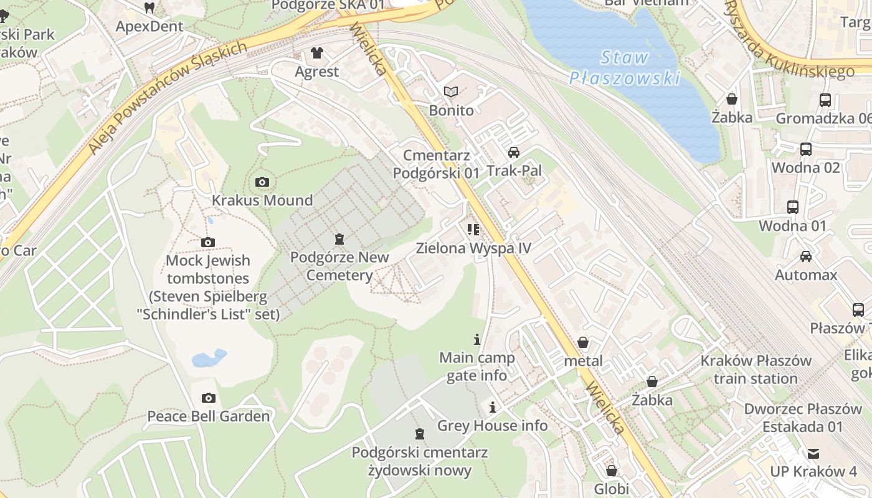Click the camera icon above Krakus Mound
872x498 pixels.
point(262,182)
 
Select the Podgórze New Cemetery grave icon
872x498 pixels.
point(339,238)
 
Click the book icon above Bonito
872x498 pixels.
point(451,92)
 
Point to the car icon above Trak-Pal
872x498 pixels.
point(514,153)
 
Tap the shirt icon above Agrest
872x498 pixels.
point(317,53)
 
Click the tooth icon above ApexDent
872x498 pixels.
point(149,8)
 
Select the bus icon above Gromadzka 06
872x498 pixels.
point(825,100)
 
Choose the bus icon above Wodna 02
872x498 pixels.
point(806,149)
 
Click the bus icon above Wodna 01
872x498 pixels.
point(793,207)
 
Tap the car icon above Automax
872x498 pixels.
point(806,256)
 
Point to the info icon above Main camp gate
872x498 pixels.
point(477,339)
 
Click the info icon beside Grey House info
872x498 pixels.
point(493,407)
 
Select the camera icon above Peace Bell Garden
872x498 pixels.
point(209,398)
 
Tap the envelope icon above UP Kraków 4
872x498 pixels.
point(813,453)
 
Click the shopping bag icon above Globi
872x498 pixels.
point(612,471)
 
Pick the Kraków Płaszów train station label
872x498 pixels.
point(756,370)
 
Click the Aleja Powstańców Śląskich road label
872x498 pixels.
point(167,98)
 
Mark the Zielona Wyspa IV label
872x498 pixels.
point(473,248)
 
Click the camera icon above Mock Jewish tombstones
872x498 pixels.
point(208,242)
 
